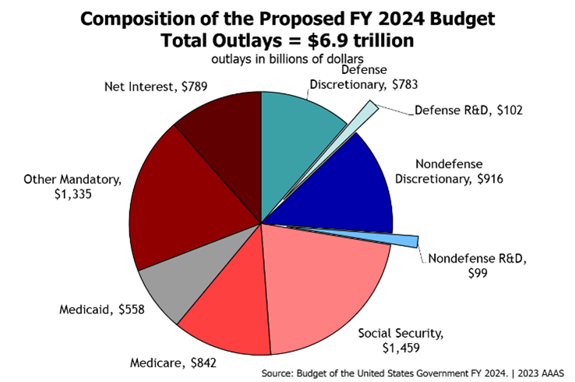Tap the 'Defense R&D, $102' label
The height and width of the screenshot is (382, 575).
pyautogui.click(x=467, y=110)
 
